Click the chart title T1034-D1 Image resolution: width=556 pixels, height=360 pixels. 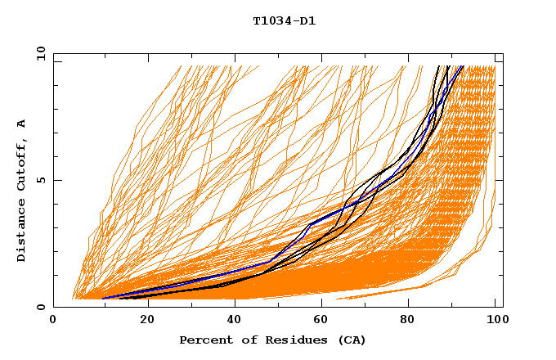(x=284, y=21)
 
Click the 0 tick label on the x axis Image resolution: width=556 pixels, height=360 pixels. (x=53, y=320)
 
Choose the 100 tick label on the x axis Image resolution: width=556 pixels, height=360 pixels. (x=495, y=320)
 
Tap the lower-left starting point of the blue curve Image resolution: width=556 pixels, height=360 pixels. (x=104, y=298)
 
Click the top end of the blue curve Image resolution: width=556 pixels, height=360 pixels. (x=462, y=66)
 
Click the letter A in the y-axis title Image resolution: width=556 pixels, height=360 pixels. (x=21, y=124)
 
